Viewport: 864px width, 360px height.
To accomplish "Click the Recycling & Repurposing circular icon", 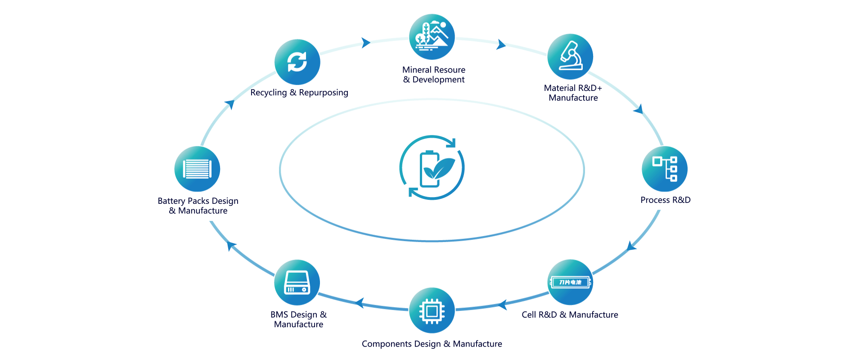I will coord(297,62).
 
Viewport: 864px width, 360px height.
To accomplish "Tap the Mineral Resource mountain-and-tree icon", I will coord(432,37).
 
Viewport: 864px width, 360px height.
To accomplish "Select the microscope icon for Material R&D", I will coord(570,57).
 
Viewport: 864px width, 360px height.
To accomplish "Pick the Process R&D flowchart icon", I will coord(664,169).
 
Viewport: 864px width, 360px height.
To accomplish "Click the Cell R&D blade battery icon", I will coord(570,282).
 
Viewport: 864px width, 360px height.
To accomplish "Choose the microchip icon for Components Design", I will coord(432,310).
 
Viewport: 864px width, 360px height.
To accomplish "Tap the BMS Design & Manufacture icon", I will coord(297,282).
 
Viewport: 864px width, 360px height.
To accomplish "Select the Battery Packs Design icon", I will coord(197,169).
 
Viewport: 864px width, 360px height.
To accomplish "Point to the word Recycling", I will coord(268,93).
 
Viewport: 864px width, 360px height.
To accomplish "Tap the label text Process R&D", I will coord(665,200).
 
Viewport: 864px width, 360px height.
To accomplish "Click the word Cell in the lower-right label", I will coord(528,315).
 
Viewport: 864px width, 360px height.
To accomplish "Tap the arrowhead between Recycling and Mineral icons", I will coord(366,43).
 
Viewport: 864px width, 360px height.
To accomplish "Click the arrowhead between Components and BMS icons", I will coord(360,302).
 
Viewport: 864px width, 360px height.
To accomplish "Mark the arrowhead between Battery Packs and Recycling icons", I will coord(230,104).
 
